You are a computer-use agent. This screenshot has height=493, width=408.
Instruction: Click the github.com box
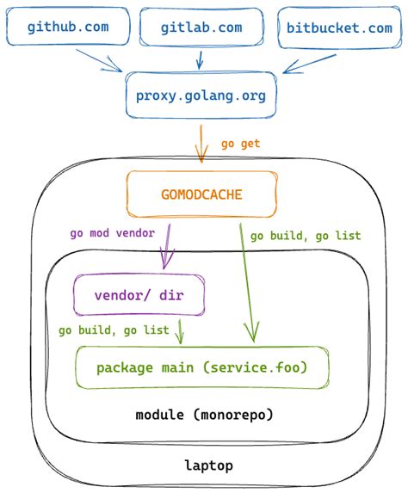coord(67,28)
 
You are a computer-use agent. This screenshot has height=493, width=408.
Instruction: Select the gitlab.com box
coord(201,28)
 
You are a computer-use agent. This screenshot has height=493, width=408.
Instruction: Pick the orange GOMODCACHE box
coord(201,194)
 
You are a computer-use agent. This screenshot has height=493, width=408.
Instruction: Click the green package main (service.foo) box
coord(201,368)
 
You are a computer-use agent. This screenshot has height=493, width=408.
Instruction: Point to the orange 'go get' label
coord(240,143)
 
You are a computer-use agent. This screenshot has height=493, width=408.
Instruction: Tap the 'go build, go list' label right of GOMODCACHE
coord(305,235)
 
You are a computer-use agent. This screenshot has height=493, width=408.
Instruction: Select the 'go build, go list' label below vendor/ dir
coord(114,330)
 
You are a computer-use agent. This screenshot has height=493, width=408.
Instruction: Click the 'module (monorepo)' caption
coord(204,415)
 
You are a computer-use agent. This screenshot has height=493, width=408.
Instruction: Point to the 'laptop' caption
coord(208,465)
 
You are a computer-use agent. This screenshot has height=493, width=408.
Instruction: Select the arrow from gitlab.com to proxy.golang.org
coord(201,59)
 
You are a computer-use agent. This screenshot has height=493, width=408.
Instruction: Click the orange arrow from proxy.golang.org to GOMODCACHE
coord(201,143)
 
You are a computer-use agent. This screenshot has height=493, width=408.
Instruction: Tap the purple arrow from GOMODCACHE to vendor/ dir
coord(165,246)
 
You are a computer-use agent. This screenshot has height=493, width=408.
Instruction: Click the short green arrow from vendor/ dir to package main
coord(179,331)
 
